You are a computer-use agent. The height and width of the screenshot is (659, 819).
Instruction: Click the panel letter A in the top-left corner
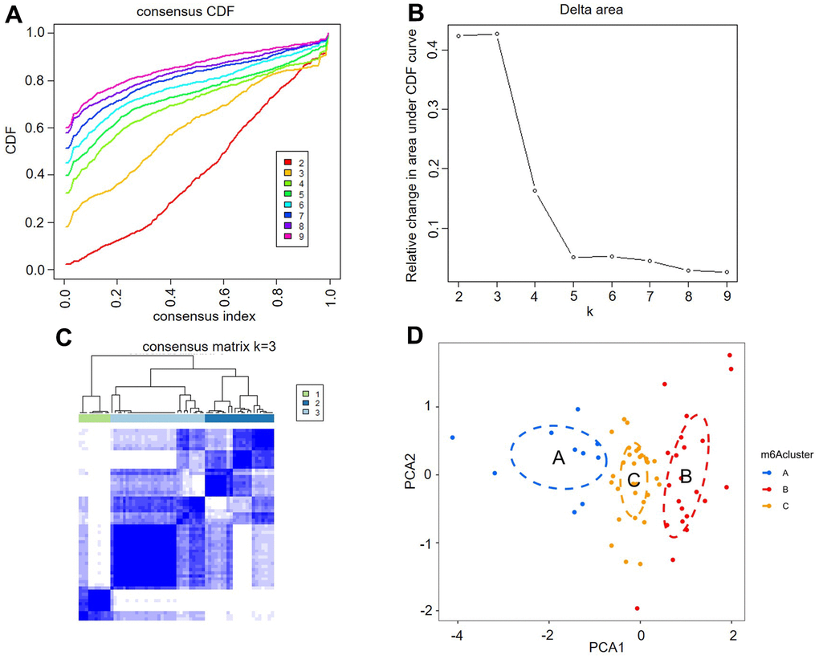(14, 15)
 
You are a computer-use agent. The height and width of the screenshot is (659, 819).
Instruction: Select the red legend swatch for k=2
(281, 162)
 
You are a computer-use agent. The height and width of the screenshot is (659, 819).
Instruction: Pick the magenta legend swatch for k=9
(281, 237)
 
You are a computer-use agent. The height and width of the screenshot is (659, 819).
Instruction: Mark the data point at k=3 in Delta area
(497, 34)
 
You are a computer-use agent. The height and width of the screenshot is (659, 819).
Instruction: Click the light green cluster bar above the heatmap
(94, 418)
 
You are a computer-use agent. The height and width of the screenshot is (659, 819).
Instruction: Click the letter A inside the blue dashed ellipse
(559, 457)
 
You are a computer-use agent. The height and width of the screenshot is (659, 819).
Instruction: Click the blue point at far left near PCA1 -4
(453, 437)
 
